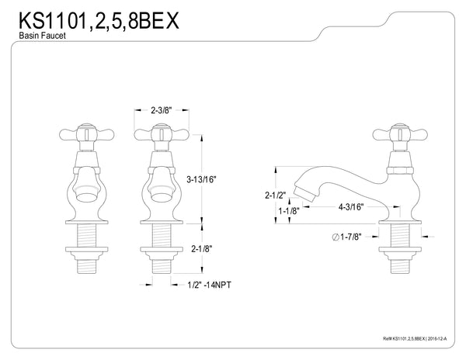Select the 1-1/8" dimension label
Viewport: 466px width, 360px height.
click(x=290, y=210)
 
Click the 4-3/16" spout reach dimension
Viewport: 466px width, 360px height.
click(x=353, y=208)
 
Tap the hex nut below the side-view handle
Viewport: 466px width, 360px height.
click(x=402, y=166)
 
